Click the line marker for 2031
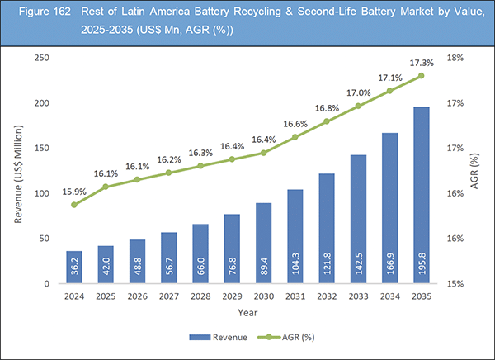(x=295, y=137)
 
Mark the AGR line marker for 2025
(x=106, y=187)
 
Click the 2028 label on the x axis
(x=200, y=295)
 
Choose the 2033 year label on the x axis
(x=359, y=295)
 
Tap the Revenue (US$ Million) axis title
(x=18, y=171)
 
